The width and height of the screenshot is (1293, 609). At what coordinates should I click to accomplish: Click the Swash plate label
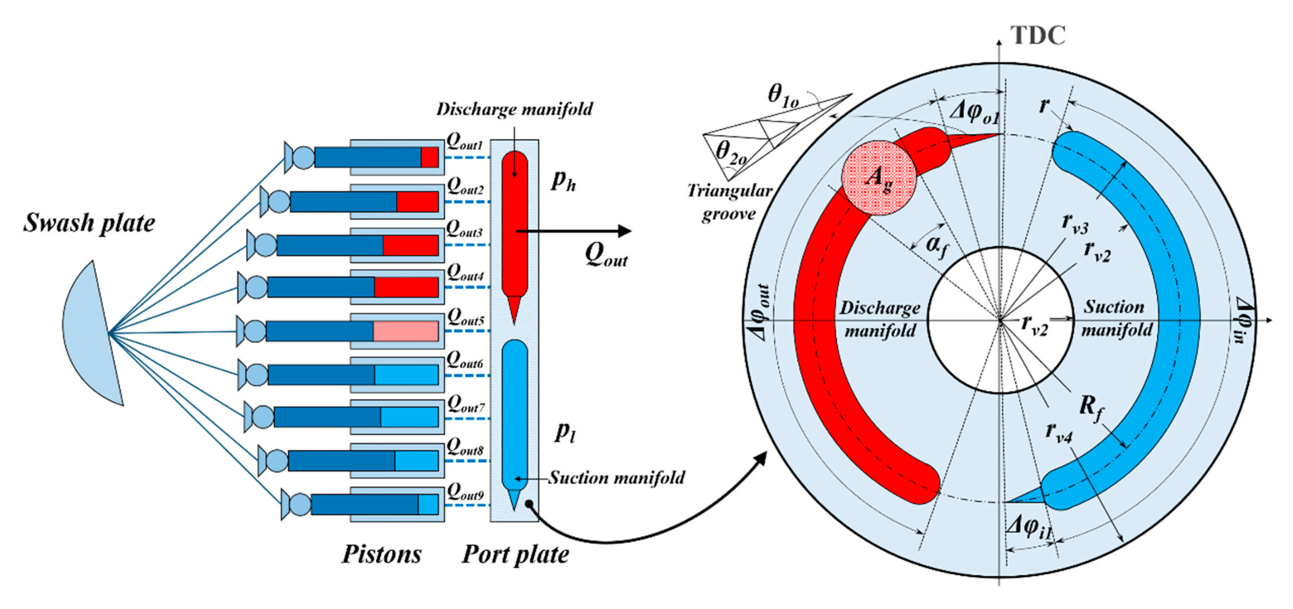point(89,223)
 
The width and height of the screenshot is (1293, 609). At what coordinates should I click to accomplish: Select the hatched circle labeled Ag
point(879,178)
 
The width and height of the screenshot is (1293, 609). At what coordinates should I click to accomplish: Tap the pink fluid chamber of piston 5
point(405,332)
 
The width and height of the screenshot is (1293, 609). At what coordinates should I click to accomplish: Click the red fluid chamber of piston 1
point(430,158)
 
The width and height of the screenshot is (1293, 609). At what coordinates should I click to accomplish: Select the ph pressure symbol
point(563,181)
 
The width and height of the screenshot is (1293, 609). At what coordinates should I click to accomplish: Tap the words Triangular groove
point(729,202)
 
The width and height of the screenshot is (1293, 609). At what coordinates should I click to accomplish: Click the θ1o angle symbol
point(783,95)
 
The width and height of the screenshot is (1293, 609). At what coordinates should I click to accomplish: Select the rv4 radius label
point(1059,433)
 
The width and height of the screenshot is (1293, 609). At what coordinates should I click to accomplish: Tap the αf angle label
point(937,246)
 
